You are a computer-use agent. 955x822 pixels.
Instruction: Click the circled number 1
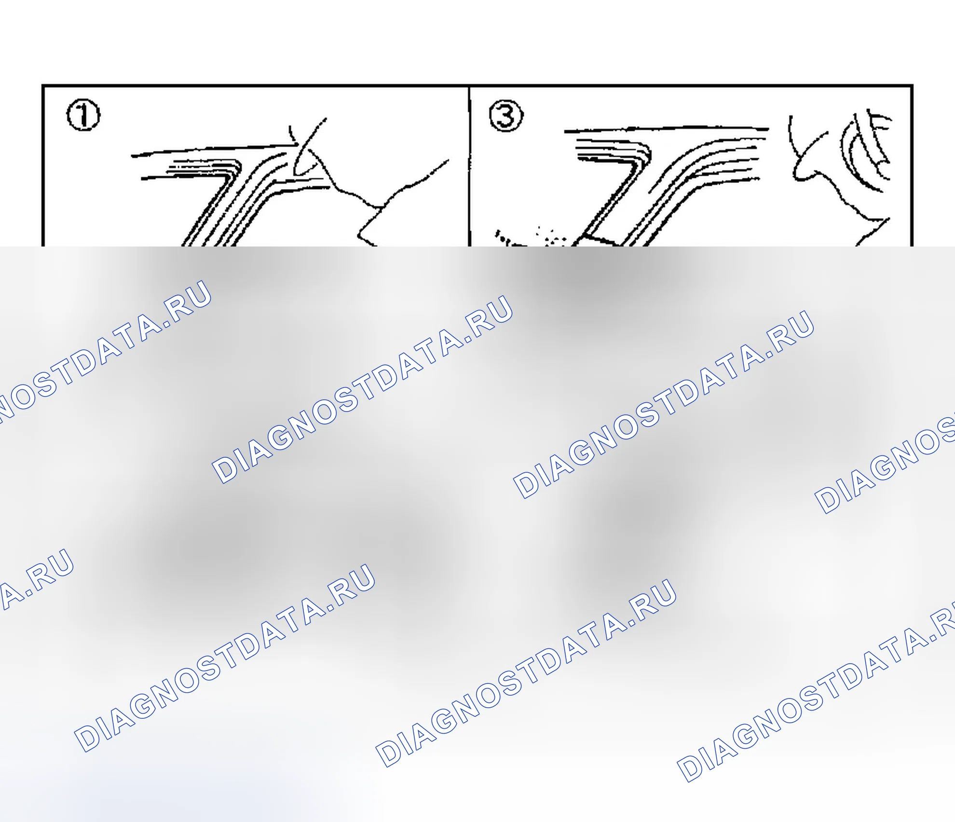(83, 115)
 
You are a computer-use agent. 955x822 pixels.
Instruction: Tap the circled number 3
(506, 115)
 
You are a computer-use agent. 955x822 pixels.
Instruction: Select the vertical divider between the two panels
(469, 166)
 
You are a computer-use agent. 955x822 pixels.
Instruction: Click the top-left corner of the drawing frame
(43, 86)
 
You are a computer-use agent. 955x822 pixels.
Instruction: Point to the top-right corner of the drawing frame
(912, 86)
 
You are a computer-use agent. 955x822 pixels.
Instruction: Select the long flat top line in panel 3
(666, 129)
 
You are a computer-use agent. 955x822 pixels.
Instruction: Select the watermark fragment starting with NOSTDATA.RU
(104, 352)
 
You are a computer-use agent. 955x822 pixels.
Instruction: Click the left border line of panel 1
(43, 166)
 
